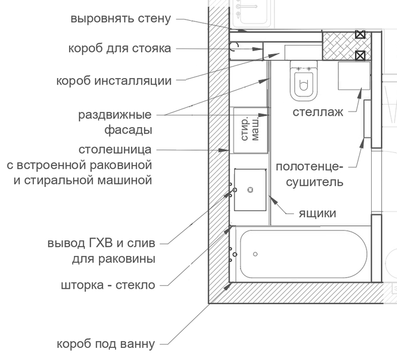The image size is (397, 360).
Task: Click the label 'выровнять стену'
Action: click(x=121, y=18)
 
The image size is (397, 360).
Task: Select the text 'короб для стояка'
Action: click(x=121, y=48)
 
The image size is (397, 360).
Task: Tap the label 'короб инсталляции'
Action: click(x=114, y=81)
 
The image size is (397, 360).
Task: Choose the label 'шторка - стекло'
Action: click(x=108, y=285)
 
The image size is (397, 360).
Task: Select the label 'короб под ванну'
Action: click(x=106, y=344)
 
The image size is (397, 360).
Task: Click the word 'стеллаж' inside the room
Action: click(x=318, y=112)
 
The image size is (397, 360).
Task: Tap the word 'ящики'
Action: click(x=317, y=213)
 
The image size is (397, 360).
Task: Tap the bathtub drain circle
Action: click(x=255, y=254)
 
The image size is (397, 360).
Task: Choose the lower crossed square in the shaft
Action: click(x=360, y=55)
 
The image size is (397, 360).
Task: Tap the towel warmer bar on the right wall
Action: click(x=367, y=118)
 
